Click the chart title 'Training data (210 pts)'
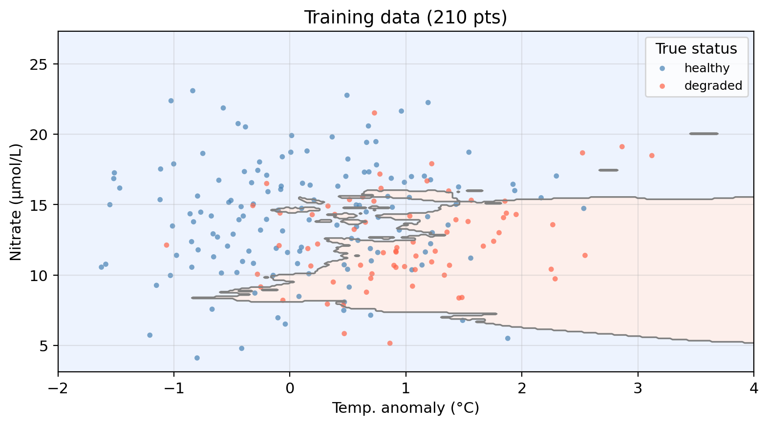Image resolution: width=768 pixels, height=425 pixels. pos(405,18)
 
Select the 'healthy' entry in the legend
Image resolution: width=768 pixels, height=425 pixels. pos(706,68)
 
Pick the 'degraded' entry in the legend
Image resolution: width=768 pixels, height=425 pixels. pos(713,86)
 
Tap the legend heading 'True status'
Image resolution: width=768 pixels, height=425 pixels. pos(696,49)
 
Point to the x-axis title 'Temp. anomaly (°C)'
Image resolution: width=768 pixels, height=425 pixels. pos(405,408)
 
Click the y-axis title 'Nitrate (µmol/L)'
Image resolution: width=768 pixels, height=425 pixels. pos(16,202)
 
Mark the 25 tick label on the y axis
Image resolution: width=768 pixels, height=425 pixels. pos(45,64)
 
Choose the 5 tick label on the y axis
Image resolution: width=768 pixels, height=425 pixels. pos(49,346)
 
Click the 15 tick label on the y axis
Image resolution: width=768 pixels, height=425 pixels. pos(45,205)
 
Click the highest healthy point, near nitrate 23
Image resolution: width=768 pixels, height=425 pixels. pos(192,91)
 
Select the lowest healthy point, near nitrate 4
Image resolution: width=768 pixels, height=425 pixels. pos(197,358)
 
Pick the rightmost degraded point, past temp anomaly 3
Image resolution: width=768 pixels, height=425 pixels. pos(652,156)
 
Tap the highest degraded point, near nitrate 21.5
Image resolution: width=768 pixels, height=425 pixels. pos(374,113)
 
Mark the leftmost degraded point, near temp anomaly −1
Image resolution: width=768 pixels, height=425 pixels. pos(166,245)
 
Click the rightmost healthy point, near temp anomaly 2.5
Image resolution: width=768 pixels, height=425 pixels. pos(583,208)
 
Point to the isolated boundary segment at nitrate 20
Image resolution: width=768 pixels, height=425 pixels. pos(704,134)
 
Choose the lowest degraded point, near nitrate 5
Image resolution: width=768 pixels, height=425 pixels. pos(389,343)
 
